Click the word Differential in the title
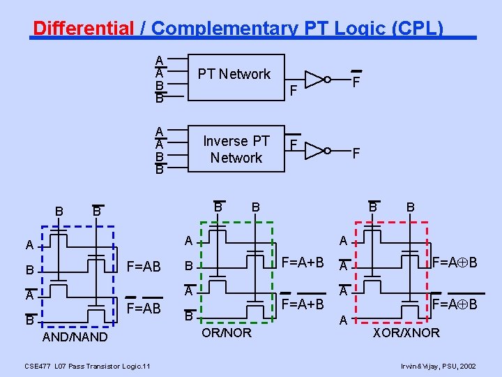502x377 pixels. [83, 29]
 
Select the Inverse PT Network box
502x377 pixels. [236, 149]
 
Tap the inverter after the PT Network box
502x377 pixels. [315, 79]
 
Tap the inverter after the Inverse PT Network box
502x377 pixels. [315, 149]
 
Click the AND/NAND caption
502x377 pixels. [75, 337]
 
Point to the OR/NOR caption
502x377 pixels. [227, 332]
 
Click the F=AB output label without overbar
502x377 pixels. [144, 267]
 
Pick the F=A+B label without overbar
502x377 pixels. [302, 263]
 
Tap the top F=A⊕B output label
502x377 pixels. [455, 263]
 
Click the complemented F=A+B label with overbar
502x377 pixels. [302, 304]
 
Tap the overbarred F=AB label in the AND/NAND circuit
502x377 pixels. [144, 309]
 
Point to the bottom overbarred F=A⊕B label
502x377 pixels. [455, 304]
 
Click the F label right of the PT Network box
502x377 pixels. [294, 89]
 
